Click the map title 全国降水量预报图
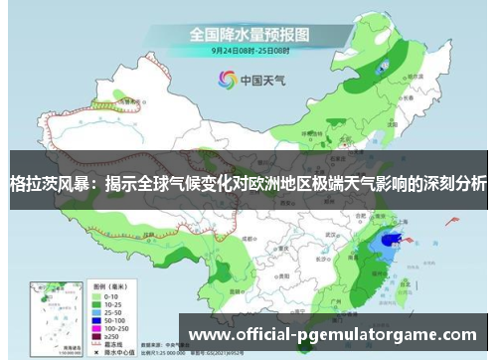click(248, 33)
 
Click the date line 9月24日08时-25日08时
click(248, 49)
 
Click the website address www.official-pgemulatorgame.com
click(333, 335)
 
